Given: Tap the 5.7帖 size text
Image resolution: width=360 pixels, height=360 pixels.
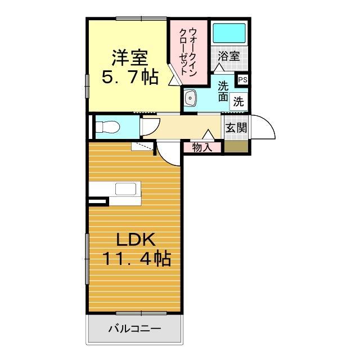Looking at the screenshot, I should [x=130, y=77].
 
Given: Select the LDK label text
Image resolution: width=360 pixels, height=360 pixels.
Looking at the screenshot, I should [x=136, y=240].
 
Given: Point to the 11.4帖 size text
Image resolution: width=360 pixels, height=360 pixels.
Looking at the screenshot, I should [x=136, y=259].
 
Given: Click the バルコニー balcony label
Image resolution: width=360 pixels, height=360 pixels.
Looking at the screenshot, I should [x=134, y=328].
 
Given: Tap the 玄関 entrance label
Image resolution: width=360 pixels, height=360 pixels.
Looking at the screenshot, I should [x=236, y=128].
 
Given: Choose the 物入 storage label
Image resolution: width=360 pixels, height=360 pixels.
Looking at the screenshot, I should [x=202, y=148].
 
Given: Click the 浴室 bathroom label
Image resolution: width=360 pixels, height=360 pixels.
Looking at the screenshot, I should [x=229, y=56].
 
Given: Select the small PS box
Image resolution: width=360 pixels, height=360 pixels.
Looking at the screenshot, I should [x=242, y=80].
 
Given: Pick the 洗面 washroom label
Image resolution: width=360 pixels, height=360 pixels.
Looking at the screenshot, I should [x=223, y=91].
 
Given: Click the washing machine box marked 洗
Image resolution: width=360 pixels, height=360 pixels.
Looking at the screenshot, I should [x=238, y=102].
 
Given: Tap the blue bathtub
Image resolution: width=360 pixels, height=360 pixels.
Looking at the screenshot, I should [x=229, y=34].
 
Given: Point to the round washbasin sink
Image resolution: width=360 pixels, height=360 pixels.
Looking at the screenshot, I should [x=191, y=99].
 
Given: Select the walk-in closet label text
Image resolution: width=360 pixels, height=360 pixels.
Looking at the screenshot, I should [x=188, y=48].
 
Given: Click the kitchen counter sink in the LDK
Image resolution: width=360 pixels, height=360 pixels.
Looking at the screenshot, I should [x=127, y=189].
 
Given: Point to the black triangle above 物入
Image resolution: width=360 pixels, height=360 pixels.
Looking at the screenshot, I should [x=208, y=135].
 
